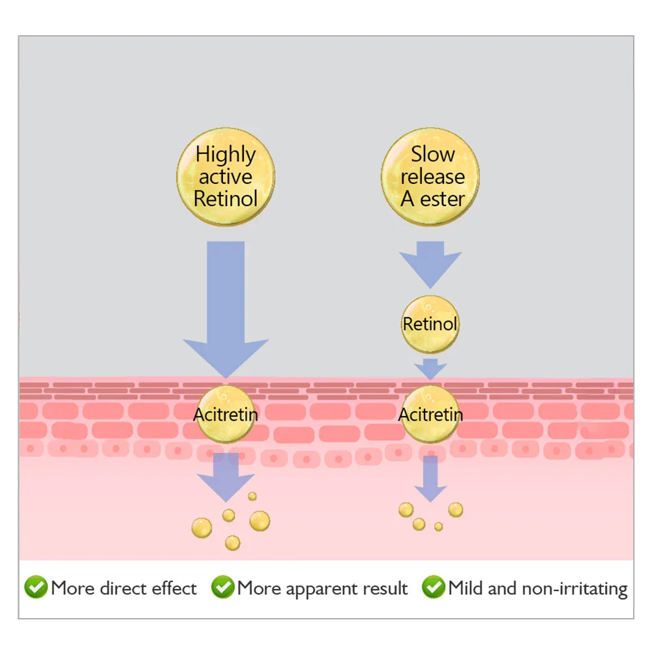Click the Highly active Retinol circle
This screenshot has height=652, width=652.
tap(226, 177)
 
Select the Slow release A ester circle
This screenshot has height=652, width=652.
tap(430, 177)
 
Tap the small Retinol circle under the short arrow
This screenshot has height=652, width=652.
tap(430, 324)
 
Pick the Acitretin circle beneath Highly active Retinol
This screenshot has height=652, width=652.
tap(226, 414)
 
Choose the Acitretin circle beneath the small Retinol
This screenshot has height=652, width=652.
tap(430, 414)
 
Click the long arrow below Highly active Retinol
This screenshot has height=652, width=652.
tap(226, 310)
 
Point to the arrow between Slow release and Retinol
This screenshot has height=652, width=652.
tap(430, 265)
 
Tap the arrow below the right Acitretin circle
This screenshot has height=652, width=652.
tap(430, 479)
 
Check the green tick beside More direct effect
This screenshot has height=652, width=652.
tap(36, 587)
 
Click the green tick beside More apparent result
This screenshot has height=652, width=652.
tap(223, 587)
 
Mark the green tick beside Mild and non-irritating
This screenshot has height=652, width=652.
tap(434, 587)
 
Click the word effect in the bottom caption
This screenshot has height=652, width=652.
tap(174, 588)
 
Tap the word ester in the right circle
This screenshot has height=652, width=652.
tap(443, 199)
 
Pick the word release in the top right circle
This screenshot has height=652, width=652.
tap(433, 177)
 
